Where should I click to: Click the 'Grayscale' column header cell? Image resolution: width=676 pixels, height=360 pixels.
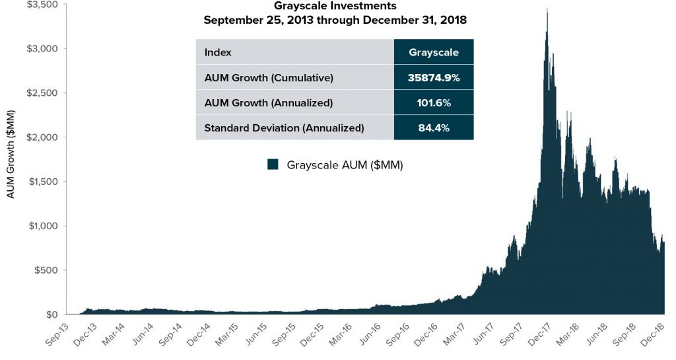(x=433, y=53)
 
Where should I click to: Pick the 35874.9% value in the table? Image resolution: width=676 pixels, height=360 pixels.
(x=433, y=78)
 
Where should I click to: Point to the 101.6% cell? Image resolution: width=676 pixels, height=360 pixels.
(x=433, y=103)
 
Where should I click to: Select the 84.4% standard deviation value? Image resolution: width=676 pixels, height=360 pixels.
(x=433, y=128)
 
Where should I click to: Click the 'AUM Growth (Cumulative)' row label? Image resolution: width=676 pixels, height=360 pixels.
(x=269, y=78)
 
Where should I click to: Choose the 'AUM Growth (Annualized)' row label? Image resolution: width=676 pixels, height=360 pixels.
(x=268, y=103)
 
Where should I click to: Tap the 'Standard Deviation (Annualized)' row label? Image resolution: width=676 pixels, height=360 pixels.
(x=284, y=128)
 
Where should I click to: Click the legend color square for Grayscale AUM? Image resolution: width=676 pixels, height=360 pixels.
(x=273, y=164)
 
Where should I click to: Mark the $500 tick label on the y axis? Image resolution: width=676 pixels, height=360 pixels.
(x=45, y=270)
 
